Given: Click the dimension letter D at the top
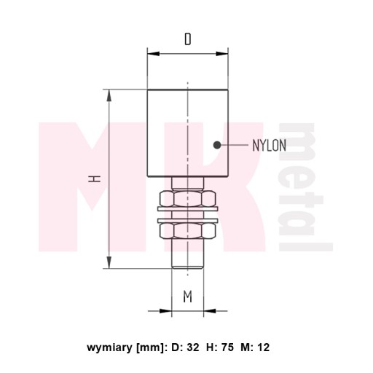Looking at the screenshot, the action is pyautogui.click(x=188, y=39).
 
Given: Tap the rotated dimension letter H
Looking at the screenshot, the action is pyautogui.click(x=94, y=179).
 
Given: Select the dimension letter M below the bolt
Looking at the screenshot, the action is pyautogui.click(x=188, y=297).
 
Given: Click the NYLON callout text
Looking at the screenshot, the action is pyautogui.click(x=270, y=146).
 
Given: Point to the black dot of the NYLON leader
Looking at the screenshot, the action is pyautogui.click(x=217, y=145).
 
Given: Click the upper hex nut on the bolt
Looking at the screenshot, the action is pyautogui.click(x=188, y=198).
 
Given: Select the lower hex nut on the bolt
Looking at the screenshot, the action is pyautogui.click(x=188, y=230).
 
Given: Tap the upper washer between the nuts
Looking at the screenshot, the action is pyautogui.click(x=188, y=209).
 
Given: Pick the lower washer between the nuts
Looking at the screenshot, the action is pyautogui.click(x=188, y=220).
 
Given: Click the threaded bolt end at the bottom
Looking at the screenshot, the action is pyautogui.click(x=187, y=254).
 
